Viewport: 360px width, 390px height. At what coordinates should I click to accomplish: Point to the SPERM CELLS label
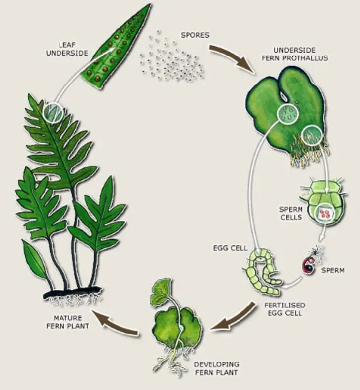coord(291,213)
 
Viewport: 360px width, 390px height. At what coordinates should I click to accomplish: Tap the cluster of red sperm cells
coord(325,213)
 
